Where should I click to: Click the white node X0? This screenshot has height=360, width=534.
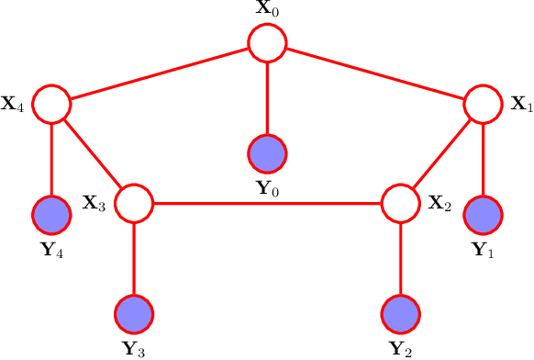(267, 42)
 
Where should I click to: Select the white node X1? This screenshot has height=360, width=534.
(483, 104)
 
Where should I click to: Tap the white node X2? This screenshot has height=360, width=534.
(400, 202)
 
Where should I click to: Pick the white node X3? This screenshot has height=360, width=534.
(134, 202)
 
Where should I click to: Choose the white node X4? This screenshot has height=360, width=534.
(51, 104)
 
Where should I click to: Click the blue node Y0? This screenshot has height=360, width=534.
(267, 152)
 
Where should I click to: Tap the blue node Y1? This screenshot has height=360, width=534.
(483, 216)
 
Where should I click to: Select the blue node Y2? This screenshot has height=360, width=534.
(400, 314)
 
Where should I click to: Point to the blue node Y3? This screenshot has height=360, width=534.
(134, 314)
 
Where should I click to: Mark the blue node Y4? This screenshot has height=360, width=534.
(51, 216)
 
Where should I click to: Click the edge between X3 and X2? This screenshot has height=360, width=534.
(267, 202)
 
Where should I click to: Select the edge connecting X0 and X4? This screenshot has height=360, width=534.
(159, 73)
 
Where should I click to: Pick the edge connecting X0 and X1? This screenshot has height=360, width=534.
(374, 73)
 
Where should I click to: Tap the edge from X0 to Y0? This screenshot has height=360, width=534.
(267, 97)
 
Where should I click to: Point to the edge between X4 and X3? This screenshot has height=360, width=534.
(93, 152)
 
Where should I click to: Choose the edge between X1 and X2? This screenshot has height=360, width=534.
(441, 152)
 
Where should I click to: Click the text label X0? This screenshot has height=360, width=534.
(267, 12)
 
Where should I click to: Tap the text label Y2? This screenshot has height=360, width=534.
(400, 348)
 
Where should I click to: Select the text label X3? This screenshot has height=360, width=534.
(95, 203)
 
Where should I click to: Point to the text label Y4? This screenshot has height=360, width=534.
(51, 250)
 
